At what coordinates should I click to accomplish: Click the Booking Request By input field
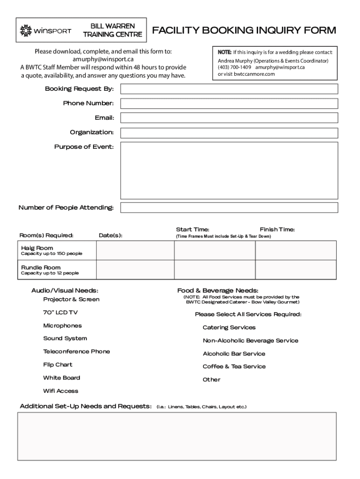pos(229,89)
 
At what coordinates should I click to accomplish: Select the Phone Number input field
pos(229,103)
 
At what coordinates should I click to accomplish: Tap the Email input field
pos(229,118)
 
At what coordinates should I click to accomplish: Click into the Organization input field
pos(229,133)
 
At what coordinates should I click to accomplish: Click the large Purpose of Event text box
pos(229,170)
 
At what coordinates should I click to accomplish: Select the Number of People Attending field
pos(229,207)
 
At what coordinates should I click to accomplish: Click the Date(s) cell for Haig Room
pos(135,250)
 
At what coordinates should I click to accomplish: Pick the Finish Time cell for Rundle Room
pos(295,270)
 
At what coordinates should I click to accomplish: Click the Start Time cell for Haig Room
pos(215,250)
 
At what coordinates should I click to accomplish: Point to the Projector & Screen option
pos(71,299)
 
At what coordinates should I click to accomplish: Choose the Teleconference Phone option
pos(76,352)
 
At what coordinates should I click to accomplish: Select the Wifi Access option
pos(61,391)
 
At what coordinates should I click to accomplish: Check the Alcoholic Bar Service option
pos(234,354)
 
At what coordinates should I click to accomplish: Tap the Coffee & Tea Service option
pos(234,367)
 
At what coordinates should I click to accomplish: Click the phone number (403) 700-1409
pos(234,67)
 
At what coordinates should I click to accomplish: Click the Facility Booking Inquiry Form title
pos(244,31)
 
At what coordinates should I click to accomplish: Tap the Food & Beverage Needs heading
pos(217,290)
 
